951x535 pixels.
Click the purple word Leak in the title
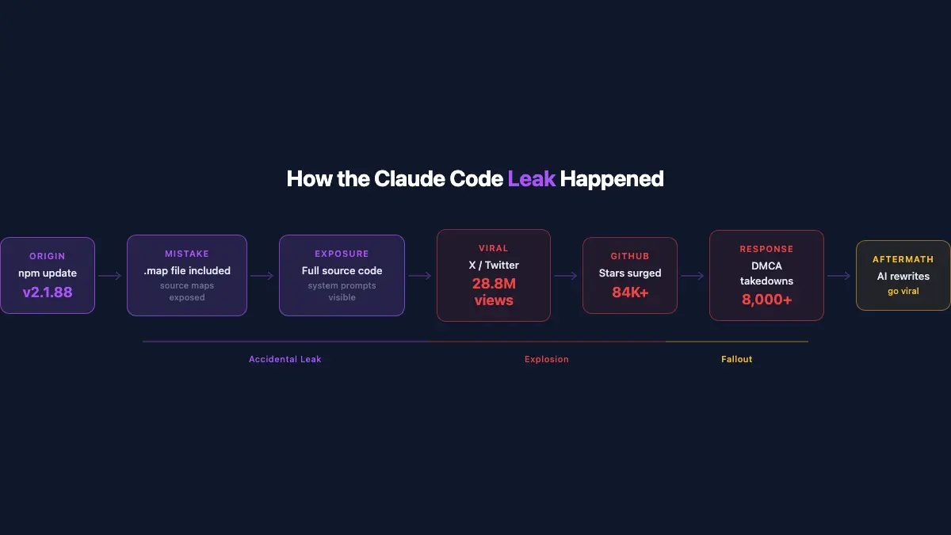531,178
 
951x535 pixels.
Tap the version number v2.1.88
48,292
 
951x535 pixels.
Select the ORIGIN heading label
48,256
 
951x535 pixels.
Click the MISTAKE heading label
187,254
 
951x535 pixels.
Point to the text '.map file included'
187,271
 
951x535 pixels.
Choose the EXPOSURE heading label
342,254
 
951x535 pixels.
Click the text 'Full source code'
342,271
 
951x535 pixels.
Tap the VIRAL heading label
494,248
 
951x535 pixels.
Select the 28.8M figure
494,283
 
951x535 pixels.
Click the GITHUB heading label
630,256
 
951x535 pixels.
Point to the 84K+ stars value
630,292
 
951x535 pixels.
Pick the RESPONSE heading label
766,249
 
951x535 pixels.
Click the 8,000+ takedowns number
766,300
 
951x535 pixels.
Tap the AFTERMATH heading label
903,259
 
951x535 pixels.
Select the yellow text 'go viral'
903,292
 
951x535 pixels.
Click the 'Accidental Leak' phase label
285,359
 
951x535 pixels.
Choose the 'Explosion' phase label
547,359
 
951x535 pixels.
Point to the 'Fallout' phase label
736,359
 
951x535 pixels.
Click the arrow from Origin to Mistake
110,276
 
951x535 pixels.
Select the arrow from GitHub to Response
693,276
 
